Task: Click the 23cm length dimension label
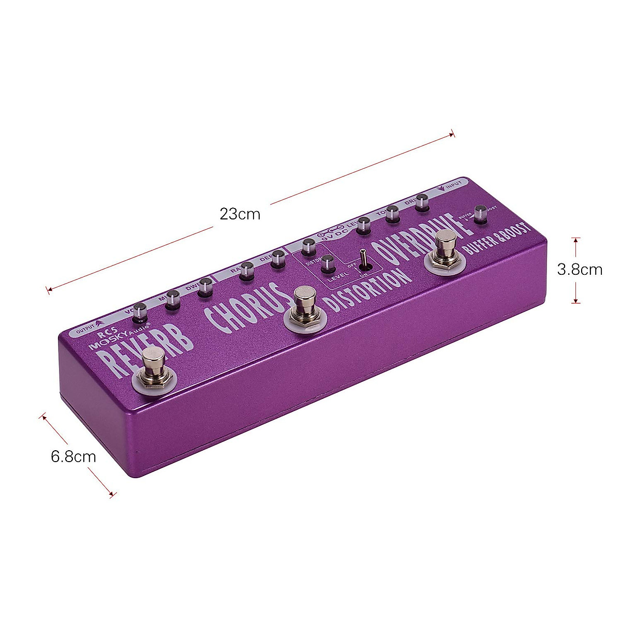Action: point(240,214)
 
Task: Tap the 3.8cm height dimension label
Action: point(580,270)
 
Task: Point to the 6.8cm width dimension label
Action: point(73,456)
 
